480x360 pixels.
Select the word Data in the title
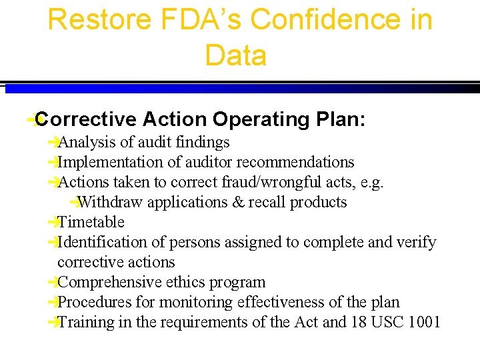click(x=236, y=55)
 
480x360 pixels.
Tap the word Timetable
click(x=91, y=222)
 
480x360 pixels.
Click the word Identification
click(x=98, y=242)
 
